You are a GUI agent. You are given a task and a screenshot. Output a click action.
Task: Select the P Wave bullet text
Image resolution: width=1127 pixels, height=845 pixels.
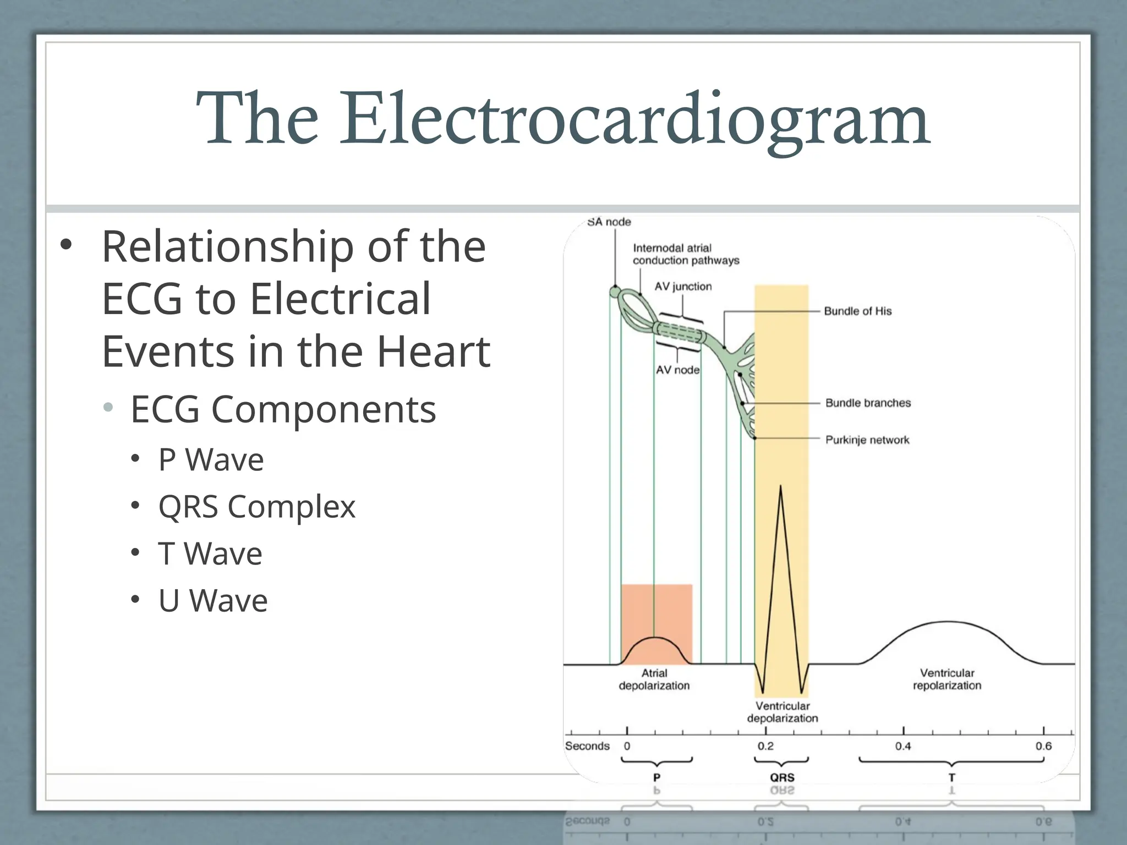(x=211, y=460)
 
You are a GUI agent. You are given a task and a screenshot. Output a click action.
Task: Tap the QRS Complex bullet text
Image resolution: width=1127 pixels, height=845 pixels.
(x=256, y=507)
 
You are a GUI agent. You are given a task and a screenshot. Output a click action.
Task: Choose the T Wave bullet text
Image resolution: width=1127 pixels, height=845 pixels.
(x=210, y=553)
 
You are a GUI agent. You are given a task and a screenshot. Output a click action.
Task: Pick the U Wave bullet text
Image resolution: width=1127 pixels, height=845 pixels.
(x=212, y=601)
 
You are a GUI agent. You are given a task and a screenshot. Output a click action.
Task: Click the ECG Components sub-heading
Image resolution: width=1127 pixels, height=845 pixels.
(x=283, y=410)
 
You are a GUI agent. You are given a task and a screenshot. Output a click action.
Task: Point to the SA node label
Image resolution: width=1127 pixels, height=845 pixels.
(x=609, y=222)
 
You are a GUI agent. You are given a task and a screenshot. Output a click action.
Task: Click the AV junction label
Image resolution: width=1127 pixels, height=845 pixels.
(x=683, y=287)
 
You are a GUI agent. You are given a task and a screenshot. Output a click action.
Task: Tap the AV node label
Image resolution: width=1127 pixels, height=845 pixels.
(x=677, y=370)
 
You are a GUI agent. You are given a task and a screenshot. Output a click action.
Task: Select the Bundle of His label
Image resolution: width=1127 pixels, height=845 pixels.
(x=857, y=311)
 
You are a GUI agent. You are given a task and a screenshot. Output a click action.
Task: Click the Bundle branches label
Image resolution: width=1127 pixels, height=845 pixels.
(x=868, y=403)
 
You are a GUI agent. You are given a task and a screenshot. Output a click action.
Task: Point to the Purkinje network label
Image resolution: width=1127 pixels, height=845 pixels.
(x=867, y=440)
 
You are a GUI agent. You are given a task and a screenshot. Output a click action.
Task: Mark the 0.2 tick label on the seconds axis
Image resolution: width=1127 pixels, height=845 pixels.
(x=765, y=747)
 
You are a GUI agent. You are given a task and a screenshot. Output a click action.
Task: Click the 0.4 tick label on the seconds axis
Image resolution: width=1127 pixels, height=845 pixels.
(x=902, y=747)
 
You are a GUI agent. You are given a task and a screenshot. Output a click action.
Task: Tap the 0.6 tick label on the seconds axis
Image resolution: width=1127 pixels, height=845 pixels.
(x=1043, y=747)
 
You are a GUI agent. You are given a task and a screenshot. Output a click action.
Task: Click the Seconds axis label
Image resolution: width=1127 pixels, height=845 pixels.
(x=587, y=747)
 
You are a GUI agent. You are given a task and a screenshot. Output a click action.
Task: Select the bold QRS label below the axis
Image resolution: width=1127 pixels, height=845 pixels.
(x=782, y=777)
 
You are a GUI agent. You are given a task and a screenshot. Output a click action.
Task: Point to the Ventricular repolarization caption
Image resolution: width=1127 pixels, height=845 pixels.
(x=947, y=679)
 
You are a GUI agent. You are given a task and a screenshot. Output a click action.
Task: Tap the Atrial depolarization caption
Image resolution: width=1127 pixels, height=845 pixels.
(x=654, y=679)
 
